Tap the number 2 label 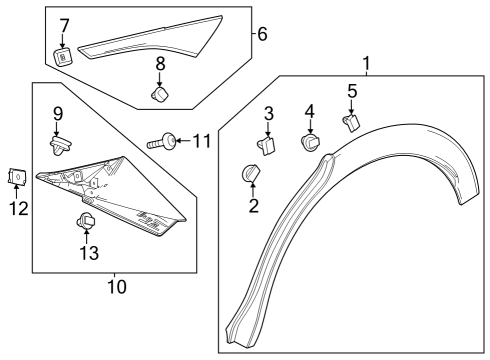[x=254, y=207]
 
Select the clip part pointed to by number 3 [x=269, y=146]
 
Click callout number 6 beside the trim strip [x=262, y=34]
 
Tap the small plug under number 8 [x=159, y=93]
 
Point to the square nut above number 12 [x=17, y=176]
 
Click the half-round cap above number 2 [x=250, y=174]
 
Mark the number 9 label [x=58, y=112]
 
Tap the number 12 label [x=16, y=208]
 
